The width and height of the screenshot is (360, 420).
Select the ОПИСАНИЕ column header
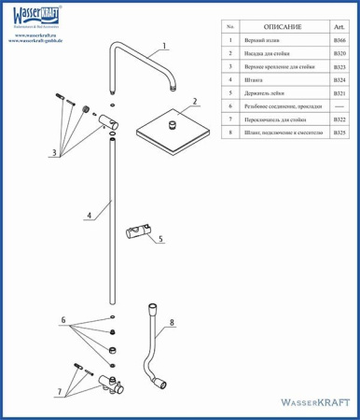pos(282,29)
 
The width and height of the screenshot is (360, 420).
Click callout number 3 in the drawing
pos(54,151)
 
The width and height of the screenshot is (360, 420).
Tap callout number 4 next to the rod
pos(90,216)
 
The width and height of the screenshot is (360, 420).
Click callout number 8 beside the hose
pos(172,326)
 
